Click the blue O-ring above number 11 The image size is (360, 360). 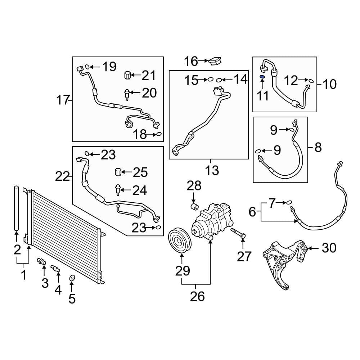[x=262, y=77]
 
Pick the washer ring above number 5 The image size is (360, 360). [x=72, y=278]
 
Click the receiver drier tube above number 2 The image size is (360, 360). [x=16, y=208]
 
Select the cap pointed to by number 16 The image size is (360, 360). [x=215, y=61]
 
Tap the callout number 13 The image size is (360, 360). [x=213, y=170]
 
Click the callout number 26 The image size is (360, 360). [x=197, y=296]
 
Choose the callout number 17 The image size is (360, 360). [x=63, y=100]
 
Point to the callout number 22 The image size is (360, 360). [x=62, y=176]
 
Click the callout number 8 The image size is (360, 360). [x=318, y=147]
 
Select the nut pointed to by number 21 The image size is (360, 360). [x=127, y=76]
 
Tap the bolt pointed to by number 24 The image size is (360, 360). [x=117, y=189]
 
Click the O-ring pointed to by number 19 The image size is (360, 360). [x=87, y=66]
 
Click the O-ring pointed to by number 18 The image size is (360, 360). [x=158, y=135]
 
